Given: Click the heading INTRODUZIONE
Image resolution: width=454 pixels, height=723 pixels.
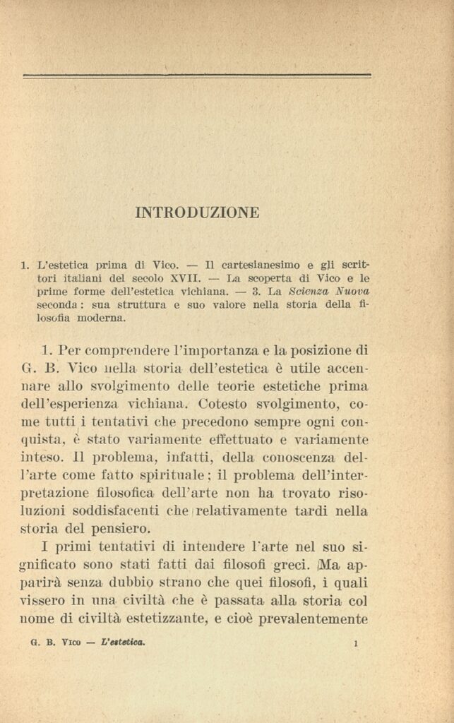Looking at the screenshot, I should pyautogui.click(x=197, y=212).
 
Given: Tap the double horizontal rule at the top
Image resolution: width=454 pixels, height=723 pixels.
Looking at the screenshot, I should pyautogui.click(x=197, y=76).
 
